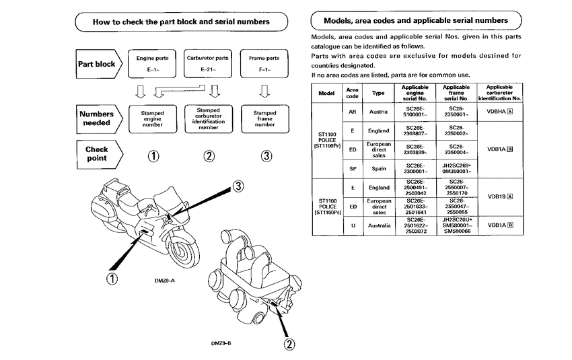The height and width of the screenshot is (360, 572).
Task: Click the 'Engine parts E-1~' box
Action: (153, 63)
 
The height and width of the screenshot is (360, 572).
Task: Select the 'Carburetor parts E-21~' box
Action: (209, 63)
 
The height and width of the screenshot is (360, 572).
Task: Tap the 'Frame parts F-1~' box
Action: (264, 63)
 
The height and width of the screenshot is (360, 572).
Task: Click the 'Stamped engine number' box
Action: (153, 118)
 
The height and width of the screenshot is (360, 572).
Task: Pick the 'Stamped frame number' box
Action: (264, 118)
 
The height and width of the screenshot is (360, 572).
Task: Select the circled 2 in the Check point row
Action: (209, 156)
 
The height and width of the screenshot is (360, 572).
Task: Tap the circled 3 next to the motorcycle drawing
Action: (239, 186)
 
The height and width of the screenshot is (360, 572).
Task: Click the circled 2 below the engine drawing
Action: (289, 345)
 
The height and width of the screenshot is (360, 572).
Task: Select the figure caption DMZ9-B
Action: (221, 342)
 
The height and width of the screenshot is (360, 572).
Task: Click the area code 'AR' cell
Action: (352, 111)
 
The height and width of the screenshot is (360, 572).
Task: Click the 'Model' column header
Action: (327, 92)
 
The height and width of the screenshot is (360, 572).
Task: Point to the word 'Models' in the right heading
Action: (343, 22)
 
